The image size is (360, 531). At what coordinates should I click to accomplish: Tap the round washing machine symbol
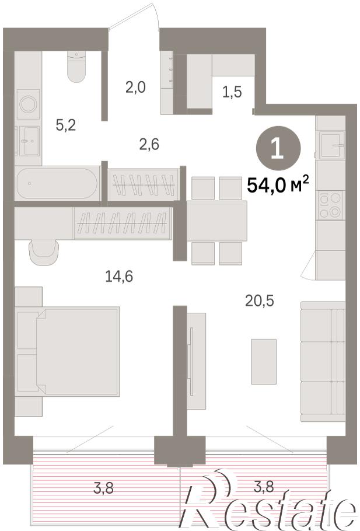pyautogui.click(x=28, y=104)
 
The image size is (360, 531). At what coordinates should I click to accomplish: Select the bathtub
pyautogui.click(x=57, y=183)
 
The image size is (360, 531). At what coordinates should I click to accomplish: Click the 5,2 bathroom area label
pyautogui.click(x=66, y=125)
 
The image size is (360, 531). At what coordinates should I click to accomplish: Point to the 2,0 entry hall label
pyautogui.click(x=135, y=88)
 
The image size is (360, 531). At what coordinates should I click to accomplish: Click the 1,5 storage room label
pyautogui.click(x=232, y=92)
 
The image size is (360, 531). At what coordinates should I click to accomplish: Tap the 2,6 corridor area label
pyautogui.click(x=149, y=145)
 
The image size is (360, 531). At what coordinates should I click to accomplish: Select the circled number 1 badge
pyautogui.click(x=278, y=148)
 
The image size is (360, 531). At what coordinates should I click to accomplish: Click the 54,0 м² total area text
pyautogui.click(x=278, y=184)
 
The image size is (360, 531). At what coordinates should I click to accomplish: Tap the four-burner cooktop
pyautogui.click(x=330, y=205)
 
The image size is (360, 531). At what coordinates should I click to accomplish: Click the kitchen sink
pyautogui.click(x=332, y=145)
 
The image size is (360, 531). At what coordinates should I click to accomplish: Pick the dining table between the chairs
pyautogui.click(x=216, y=221)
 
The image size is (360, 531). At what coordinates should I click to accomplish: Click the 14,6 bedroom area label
pyautogui.click(x=119, y=277)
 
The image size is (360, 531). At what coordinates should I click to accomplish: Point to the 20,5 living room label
pyautogui.click(x=260, y=301)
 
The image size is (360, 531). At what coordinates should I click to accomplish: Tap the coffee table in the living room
pyautogui.click(x=264, y=362)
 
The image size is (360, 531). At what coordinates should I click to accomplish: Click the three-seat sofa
pyautogui.click(x=323, y=362)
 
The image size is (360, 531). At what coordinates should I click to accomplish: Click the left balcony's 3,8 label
pyautogui.click(x=104, y=488)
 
